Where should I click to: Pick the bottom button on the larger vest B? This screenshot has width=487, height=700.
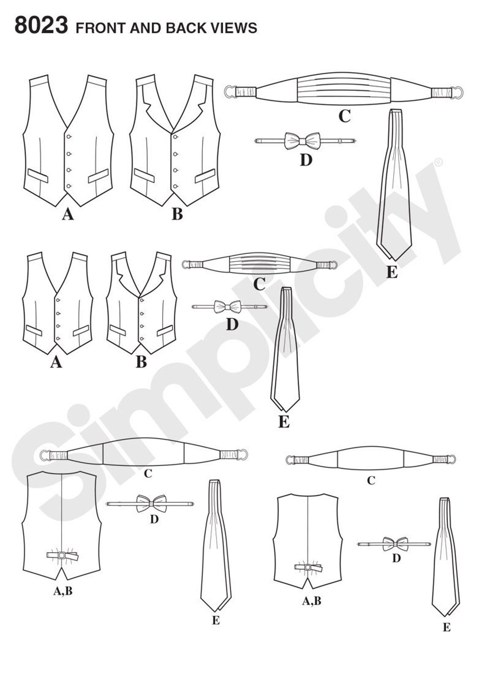tap(175, 186)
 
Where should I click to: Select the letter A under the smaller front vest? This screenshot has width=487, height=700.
tap(56, 362)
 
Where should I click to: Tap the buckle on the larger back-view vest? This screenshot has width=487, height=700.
tap(62, 555)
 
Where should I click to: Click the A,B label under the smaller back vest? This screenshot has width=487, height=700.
tap(312, 601)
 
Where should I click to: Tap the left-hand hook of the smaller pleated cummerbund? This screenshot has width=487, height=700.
tap(186, 265)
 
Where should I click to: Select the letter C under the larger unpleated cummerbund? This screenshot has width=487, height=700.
tap(148, 474)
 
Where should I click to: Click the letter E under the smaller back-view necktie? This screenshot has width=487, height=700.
tap(446, 627)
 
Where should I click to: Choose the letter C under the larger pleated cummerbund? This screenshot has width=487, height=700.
tap(344, 116)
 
